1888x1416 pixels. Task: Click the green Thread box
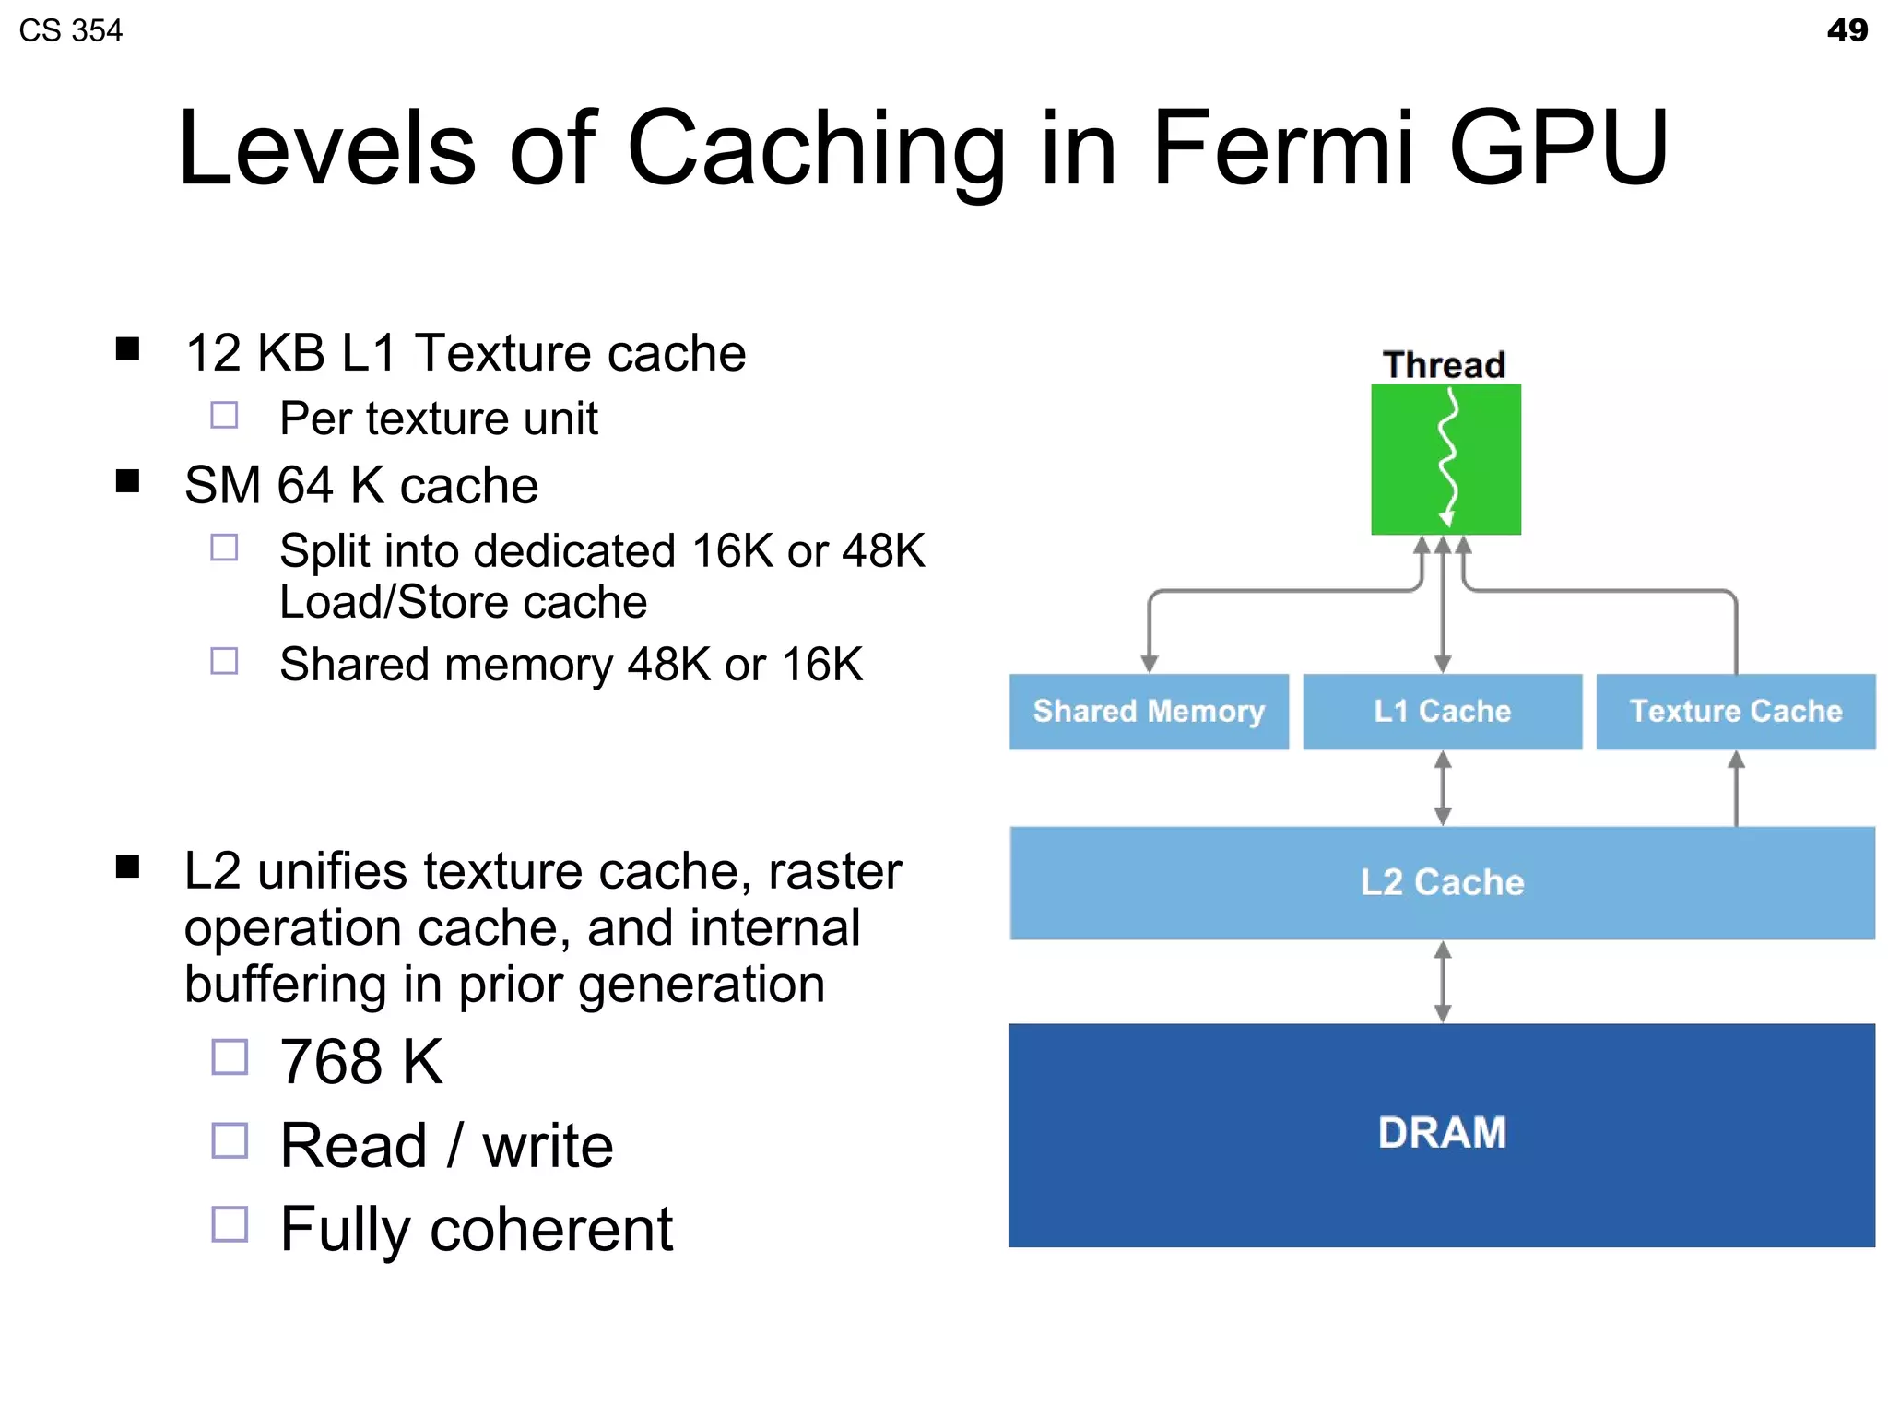(x=1445, y=459)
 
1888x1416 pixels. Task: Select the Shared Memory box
(x=1149, y=711)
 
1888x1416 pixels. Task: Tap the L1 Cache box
(x=1442, y=711)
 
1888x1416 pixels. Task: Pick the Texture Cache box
(x=1735, y=711)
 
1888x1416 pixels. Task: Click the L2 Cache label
(x=1442, y=882)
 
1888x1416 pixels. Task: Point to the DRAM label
(x=1442, y=1132)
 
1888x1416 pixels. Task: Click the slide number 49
(x=1847, y=30)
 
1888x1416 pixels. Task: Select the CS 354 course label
(x=71, y=30)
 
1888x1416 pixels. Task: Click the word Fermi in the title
(x=1282, y=147)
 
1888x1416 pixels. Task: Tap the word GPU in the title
(x=1558, y=147)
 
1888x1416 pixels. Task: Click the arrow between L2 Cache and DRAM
(x=1443, y=981)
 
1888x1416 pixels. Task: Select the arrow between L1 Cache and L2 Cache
(x=1443, y=788)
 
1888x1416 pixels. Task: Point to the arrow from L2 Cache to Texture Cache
(x=1736, y=788)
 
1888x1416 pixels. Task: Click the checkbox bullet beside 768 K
(x=230, y=1057)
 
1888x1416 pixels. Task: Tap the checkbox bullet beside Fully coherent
(x=230, y=1225)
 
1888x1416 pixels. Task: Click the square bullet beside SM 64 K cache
(x=127, y=481)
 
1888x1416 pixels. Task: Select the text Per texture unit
(x=439, y=419)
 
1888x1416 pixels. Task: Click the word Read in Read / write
(x=353, y=1146)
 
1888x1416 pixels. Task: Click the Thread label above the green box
(x=1444, y=365)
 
